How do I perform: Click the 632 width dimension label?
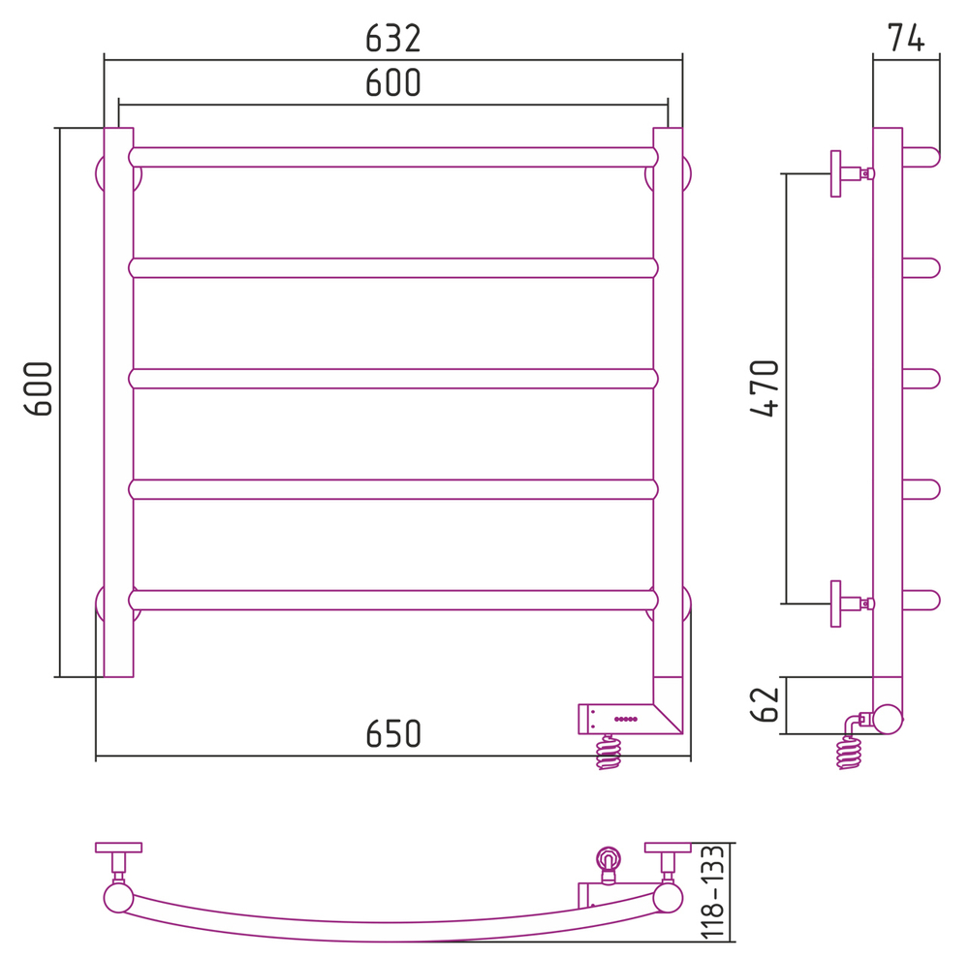pyautogui.click(x=393, y=38)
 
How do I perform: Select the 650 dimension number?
pyautogui.click(x=393, y=734)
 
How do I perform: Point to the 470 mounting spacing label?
pyautogui.click(x=766, y=387)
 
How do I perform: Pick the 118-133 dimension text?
pyautogui.click(x=713, y=893)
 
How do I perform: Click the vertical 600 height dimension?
pyautogui.click(x=39, y=388)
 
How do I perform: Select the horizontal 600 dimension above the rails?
pyautogui.click(x=393, y=83)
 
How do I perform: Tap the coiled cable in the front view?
pyautogui.click(x=609, y=753)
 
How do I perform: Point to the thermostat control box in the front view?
pyautogui.click(x=620, y=719)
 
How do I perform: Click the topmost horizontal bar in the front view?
pyautogui.click(x=392, y=157)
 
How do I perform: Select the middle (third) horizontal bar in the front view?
pyautogui.click(x=392, y=378)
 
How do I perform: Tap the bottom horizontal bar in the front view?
pyautogui.click(x=392, y=600)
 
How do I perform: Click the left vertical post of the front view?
pyautogui.click(x=118, y=402)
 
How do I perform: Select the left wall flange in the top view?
pyautogui.click(x=118, y=848)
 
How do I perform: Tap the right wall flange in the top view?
pyautogui.click(x=668, y=848)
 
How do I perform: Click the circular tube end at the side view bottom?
pyautogui.click(x=888, y=719)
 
